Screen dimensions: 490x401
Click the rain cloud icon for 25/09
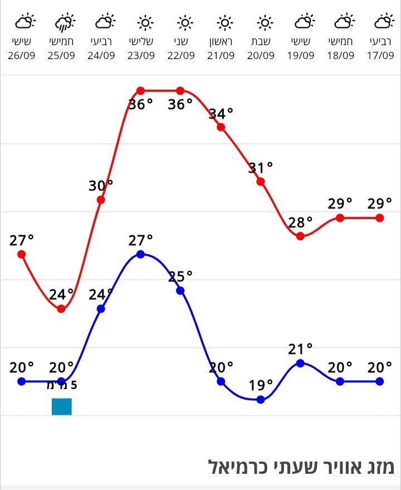click(63, 23)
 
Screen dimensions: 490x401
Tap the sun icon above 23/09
click(145, 23)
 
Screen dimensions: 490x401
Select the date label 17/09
click(380, 55)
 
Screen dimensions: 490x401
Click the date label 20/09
click(261, 55)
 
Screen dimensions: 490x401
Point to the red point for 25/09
click(62, 309)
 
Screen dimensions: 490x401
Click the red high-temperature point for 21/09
click(221, 127)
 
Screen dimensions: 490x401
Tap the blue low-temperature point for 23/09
click(140, 254)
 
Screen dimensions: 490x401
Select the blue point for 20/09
click(261, 399)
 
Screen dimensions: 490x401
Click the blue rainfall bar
click(62, 406)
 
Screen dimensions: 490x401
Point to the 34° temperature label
click(221, 114)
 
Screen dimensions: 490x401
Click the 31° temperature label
click(261, 167)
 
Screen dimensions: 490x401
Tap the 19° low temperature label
click(261, 385)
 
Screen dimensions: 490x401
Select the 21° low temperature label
click(301, 349)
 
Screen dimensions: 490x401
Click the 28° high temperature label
click(301, 222)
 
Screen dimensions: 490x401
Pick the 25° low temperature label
click(180, 276)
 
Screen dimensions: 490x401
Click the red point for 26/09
click(22, 254)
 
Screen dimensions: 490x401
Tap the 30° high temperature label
click(101, 186)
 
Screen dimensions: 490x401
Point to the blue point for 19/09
click(301, 363)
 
